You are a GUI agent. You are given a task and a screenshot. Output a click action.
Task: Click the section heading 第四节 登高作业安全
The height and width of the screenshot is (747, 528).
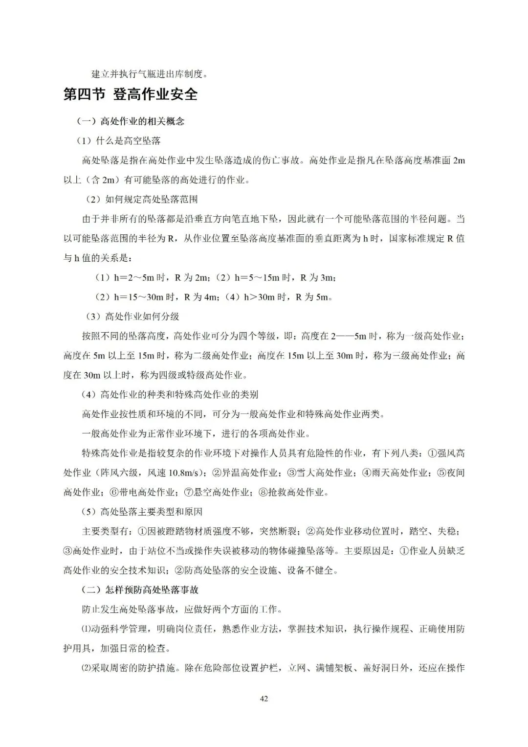[131, 94]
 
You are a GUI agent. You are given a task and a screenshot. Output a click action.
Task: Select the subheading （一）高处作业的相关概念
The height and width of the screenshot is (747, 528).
[130, 121]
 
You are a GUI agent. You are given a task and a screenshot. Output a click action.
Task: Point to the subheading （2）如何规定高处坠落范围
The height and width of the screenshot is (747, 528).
[141, 200]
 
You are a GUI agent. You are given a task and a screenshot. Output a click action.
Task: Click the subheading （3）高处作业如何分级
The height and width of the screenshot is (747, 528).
[132, 317]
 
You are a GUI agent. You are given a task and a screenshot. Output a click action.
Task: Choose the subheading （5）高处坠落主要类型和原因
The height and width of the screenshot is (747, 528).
[142, 512]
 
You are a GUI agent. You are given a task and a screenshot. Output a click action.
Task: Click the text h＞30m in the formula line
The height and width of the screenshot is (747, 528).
[259, 297]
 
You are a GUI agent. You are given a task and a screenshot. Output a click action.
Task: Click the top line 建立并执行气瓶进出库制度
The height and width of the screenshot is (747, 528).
[150, 74]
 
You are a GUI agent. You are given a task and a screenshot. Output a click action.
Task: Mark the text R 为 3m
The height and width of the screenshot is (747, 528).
[317, 278]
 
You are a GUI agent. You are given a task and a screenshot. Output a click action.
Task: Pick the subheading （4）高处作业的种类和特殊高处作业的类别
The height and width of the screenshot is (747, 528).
[170, 395]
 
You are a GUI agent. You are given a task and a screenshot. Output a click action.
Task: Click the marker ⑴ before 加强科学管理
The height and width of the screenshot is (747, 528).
[86, 629]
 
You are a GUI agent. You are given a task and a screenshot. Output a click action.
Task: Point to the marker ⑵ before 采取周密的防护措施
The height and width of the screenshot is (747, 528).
[86, 668]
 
